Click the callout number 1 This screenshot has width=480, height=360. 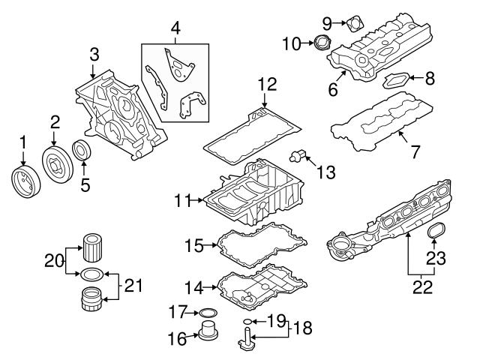coord(22,140)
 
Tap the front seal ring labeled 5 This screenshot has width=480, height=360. coord(82,149)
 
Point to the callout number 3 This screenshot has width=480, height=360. coord(93,54)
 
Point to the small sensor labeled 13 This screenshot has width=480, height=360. coord(300,155)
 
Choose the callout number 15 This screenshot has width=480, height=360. coord(194,245)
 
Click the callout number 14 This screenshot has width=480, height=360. coord(194,286)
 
